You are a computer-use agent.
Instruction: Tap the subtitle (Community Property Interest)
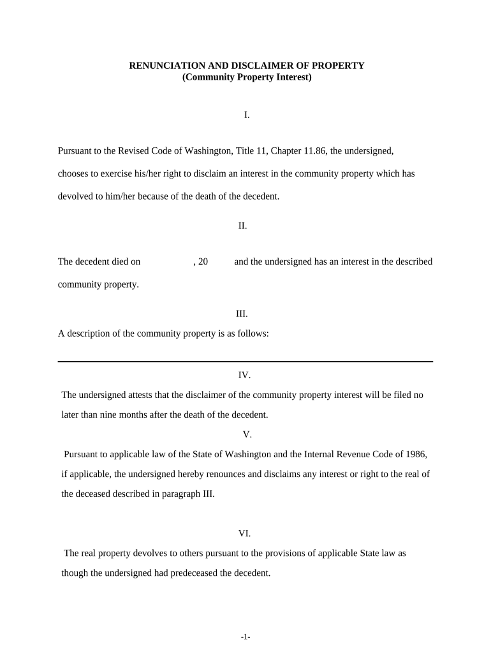click(x=247, y=77)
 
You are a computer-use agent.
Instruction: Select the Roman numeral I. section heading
click(x=246, y=115)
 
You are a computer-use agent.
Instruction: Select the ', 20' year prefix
click(x=200, y=262)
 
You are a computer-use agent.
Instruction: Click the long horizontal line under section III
click(x=246, y=362)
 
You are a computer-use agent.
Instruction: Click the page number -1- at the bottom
click(x=246, y=637)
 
